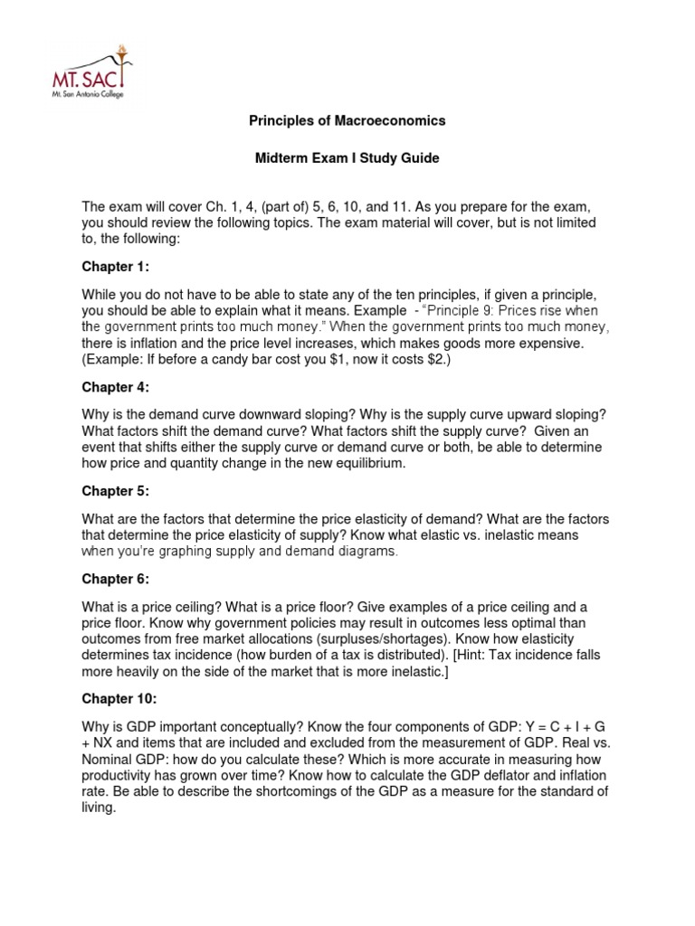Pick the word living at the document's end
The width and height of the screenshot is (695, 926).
click(x=98, y=809)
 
